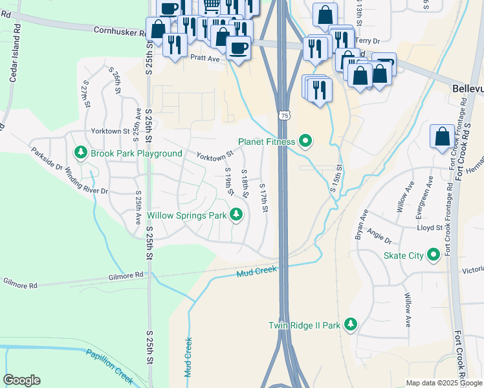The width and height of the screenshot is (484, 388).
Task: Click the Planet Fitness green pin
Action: point(307,141)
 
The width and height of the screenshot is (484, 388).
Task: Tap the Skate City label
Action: point(404,255)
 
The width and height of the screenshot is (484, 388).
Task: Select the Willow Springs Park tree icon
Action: point(236,215)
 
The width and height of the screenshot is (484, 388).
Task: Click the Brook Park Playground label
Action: point(136,153)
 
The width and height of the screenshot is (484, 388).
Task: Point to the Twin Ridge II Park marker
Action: point(350,324)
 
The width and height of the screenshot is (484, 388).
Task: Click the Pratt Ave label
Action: point(206,58)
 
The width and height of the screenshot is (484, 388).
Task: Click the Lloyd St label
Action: point(430,228)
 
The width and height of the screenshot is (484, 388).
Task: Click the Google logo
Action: point(22,380)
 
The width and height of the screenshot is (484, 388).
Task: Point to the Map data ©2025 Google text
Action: point(443,383)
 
